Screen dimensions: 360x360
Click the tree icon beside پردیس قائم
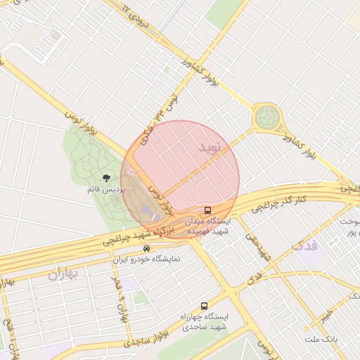[x=107, y=179]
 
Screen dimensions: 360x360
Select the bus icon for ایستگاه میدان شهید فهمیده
[x=207, y=210]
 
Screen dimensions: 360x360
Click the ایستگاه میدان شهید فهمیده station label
[x=207, y=225]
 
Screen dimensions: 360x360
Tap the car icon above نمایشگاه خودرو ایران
[x=146, y=249]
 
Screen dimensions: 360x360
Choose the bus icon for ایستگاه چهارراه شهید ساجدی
[x=204, y=306]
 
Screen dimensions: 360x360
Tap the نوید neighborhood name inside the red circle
[x=209, y=148]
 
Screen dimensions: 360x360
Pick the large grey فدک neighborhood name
[x=304, y=245]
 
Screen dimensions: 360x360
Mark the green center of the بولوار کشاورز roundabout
[x=266, y=117]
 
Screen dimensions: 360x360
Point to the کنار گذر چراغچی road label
[x=280, y=205]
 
